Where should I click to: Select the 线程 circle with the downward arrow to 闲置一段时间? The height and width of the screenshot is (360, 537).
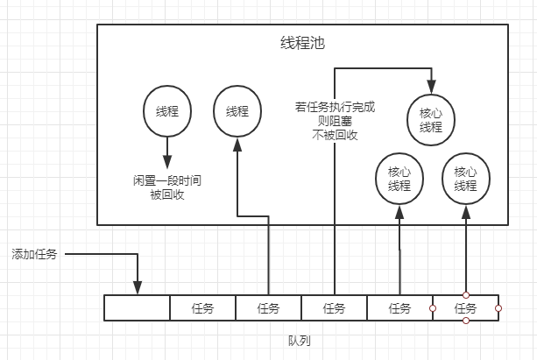click(166, 111)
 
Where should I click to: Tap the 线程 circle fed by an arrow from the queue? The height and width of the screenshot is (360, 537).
click(237, 111)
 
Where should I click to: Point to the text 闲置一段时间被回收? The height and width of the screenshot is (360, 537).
click(166, 187)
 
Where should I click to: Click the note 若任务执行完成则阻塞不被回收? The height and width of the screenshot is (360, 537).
click(334, 121)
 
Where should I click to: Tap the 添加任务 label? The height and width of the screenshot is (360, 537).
click(33, 255)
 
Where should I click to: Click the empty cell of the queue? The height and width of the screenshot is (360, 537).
click(137, 308)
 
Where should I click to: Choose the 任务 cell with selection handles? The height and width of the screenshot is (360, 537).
click(465, 308)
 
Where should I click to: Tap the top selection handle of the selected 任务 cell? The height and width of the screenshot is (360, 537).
click(465, 295)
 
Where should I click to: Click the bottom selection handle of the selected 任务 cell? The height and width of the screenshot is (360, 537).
click(465, 321)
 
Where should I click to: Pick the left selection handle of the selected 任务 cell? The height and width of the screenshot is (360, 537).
click(433, 308)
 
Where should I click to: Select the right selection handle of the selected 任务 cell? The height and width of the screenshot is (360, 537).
click(498, 308)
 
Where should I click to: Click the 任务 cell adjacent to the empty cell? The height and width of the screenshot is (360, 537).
click(202, 308)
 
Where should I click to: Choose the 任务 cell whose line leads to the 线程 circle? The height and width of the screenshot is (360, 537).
click(268, 308)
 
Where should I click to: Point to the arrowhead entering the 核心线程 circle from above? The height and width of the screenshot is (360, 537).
click(430, 88)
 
